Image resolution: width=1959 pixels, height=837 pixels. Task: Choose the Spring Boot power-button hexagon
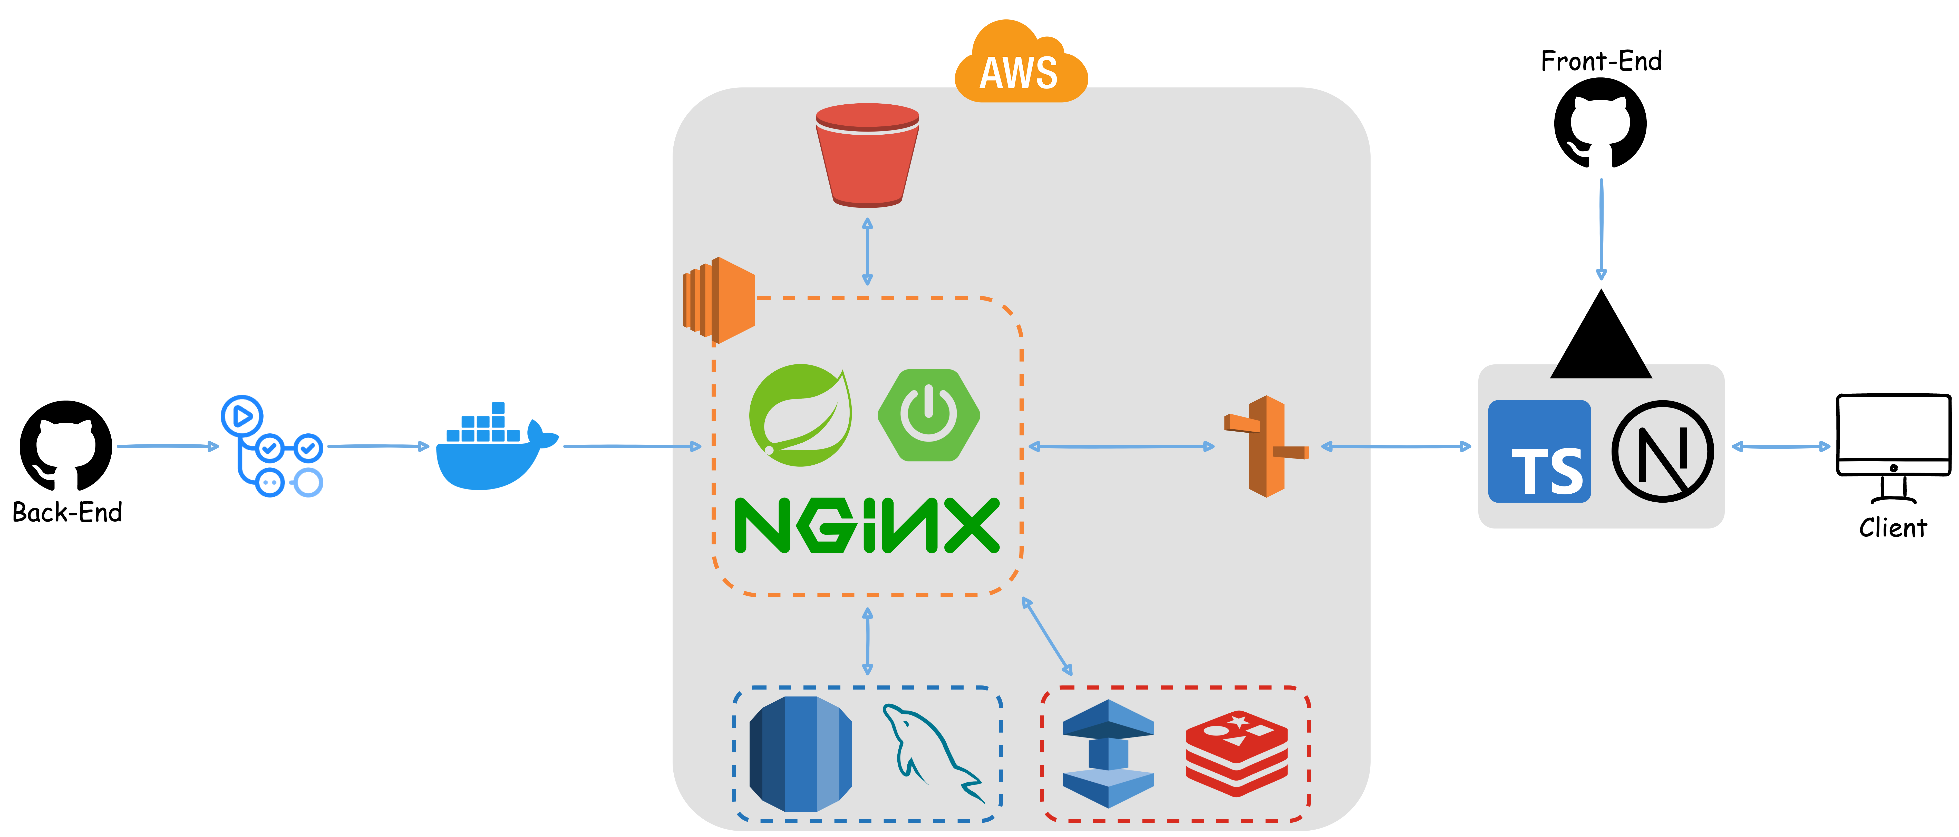928,415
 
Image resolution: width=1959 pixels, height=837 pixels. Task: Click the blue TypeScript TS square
1539,452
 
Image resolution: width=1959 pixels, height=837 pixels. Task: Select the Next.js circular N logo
1662,452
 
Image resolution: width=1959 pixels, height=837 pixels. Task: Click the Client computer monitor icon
1893,449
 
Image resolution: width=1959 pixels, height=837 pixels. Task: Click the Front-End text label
1601,61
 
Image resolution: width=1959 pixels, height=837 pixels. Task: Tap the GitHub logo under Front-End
1600,123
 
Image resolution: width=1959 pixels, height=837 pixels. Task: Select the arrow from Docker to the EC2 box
632,446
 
